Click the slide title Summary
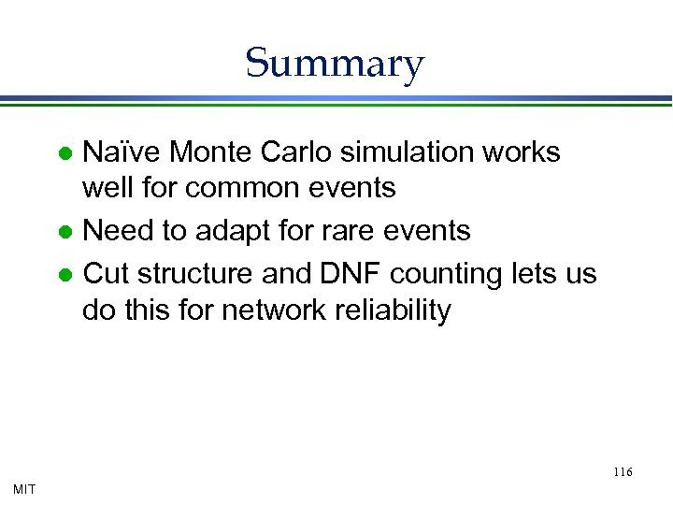[335, 64]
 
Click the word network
[281, 310]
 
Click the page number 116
[623, 472]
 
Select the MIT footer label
[24, 488]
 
